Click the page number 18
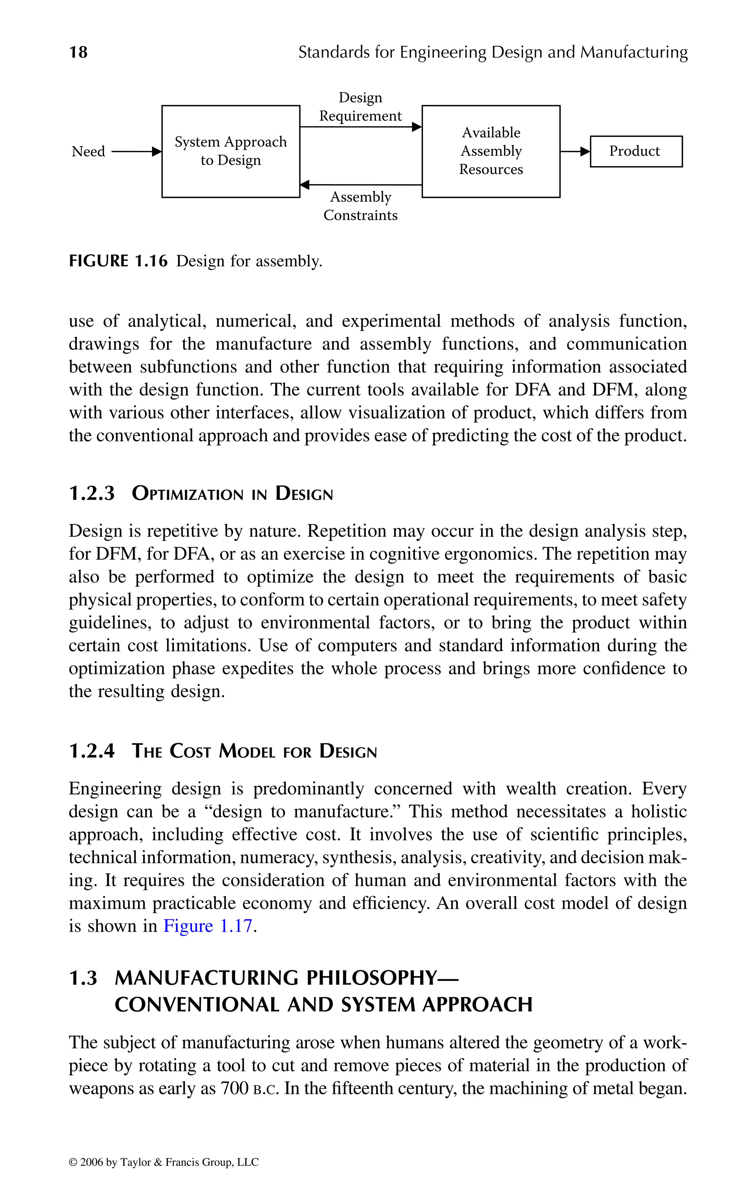point(79,52)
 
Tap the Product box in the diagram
point(636,151)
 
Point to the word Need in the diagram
point(88,151)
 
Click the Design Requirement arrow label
point(360,107)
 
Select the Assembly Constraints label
point(360,206)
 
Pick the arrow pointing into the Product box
point(575,152)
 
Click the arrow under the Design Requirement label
point(360,127)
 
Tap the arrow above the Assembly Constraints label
point(360,185)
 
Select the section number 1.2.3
point(92,493)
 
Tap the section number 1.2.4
point(92,751)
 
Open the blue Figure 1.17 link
point(208,926)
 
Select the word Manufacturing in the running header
point(634,52)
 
